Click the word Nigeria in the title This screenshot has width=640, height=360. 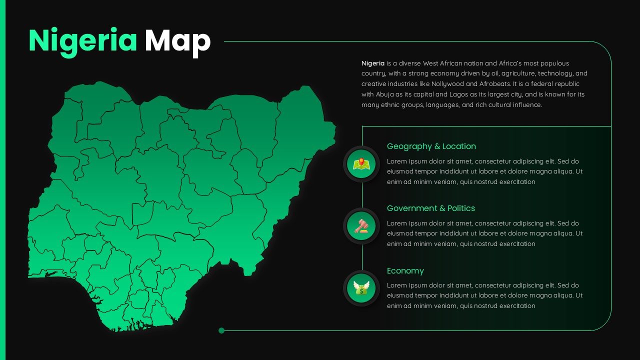pyautogui.click(x=83, y=41)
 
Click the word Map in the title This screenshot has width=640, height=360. pyautogui.click(x=177, y=41)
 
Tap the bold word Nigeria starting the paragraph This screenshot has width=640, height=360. pyautogui.click(x=373, y=63)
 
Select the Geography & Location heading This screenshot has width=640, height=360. pyautogui.click(x=431, y=146)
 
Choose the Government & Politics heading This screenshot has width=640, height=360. pyautogui.click(x=430, y=208)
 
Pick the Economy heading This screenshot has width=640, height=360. pyautogui.click(x=405, y=271)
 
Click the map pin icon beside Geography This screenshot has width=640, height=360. pyautogui.click(x=361, y=164)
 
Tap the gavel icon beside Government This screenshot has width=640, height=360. pyautogui.click(x=361, y=226)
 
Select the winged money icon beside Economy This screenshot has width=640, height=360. pyautogui.click(x=361, y=288)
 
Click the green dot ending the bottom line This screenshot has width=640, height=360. pyautogui.click(x=221, y=330)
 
